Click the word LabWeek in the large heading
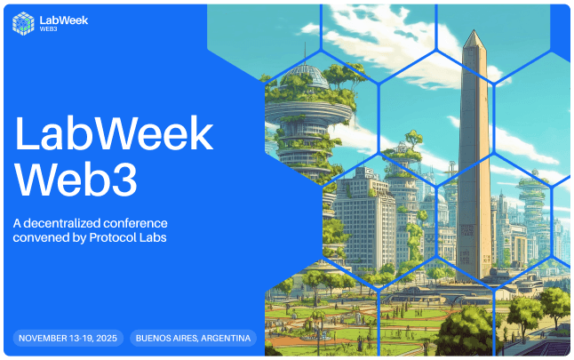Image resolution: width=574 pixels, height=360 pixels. pos(114,135)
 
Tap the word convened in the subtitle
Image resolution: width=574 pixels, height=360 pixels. pos(40,237)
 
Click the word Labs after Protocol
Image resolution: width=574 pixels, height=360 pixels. pos(154,237)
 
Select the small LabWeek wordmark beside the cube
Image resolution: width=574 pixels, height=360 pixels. pos(58,20)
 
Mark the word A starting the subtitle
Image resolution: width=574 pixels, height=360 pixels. pos(17,222)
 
